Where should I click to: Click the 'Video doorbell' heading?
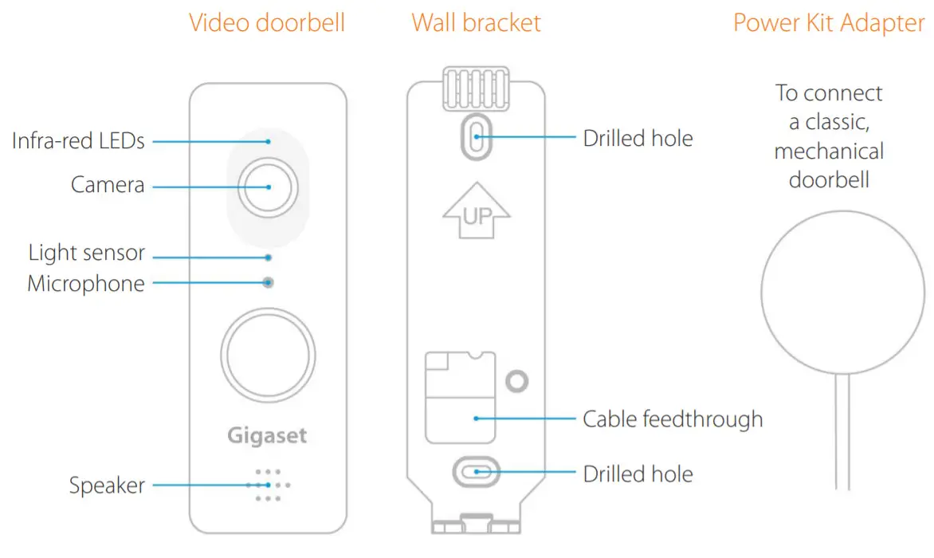267,22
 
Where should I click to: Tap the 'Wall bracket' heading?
476,22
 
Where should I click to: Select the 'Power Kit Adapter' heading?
829,22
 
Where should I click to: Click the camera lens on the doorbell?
269,187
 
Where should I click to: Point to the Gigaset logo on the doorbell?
267,436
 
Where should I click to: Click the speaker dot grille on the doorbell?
269,485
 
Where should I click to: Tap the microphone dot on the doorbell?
269,282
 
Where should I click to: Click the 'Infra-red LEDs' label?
78,141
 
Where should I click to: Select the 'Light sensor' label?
86,253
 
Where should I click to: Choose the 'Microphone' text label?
86,284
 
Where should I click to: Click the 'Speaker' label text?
107,485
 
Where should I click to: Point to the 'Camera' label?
108,186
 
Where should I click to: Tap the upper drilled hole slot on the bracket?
476,136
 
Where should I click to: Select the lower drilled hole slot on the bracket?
476,472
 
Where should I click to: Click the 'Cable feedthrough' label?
673,418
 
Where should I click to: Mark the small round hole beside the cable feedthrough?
517,382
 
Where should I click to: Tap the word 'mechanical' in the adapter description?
829,151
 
